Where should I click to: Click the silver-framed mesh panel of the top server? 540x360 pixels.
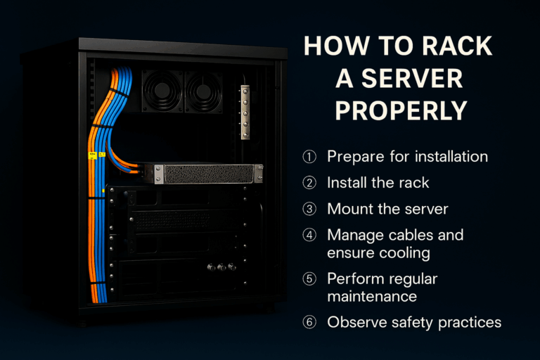(208, 173)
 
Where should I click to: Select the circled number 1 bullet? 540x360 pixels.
(309, 156)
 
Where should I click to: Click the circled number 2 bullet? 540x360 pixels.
(309, 183)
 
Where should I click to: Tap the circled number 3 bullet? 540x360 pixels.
(309, 209)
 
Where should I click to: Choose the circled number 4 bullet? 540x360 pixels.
(309, 236)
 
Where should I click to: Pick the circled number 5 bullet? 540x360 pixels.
(309, 279)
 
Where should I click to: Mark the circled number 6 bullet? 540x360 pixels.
(309, 323)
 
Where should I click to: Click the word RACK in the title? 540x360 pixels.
(451, 47)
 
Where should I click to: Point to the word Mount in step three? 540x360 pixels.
(349, 209)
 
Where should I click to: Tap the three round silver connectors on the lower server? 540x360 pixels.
(220, 267)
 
